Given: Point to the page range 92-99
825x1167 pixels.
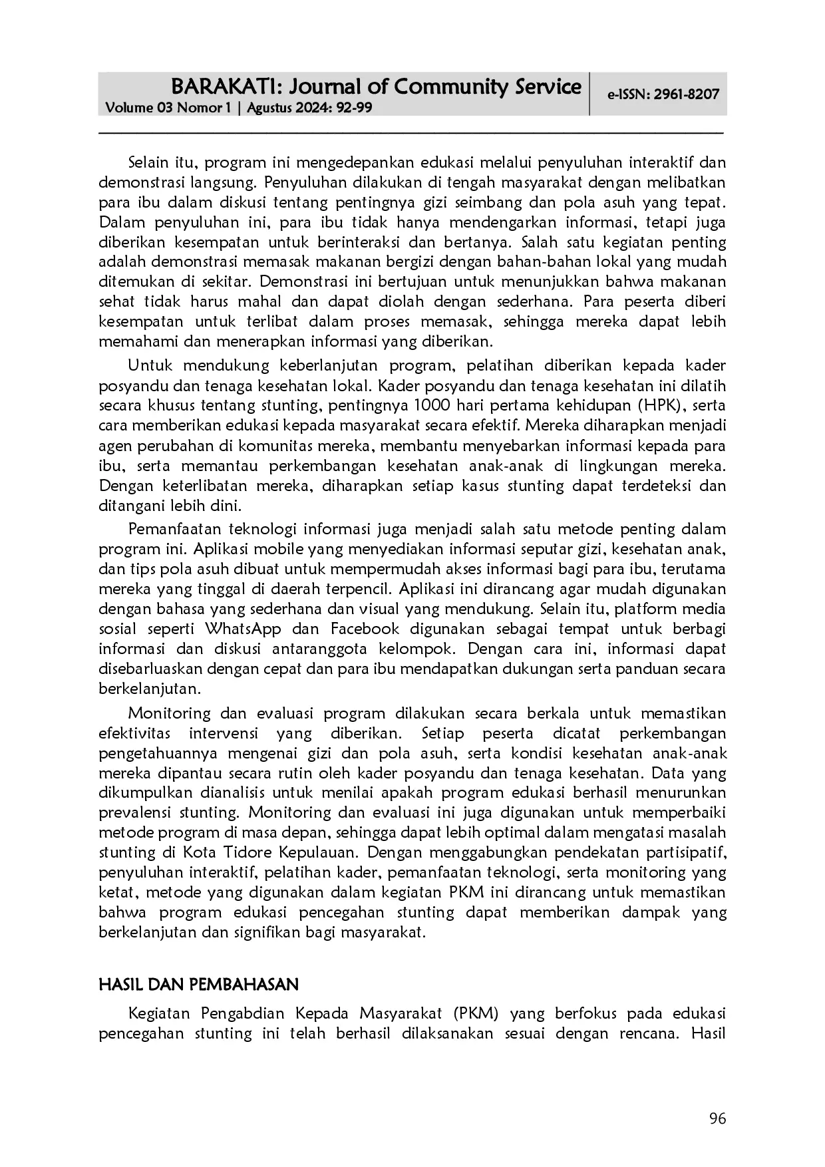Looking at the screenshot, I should (355, 108).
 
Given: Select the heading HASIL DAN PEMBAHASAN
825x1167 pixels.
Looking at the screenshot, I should (198, 984).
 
